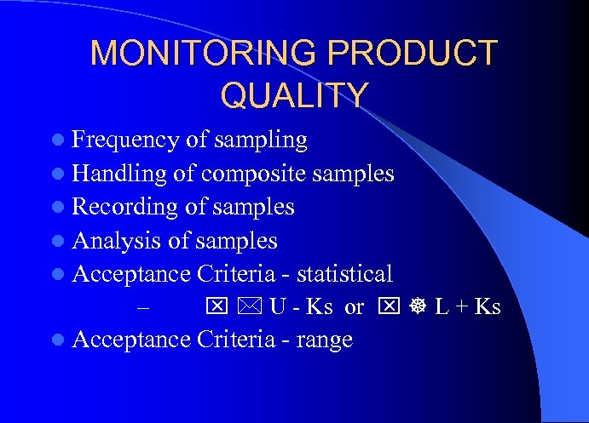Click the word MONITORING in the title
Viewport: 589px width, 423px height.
pos(205,54)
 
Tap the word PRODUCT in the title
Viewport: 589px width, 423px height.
pos(412,54)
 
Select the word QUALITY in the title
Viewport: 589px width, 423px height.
pos(294,94)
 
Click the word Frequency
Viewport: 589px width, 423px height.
pos(125,140)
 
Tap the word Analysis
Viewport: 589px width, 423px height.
pos(117,241)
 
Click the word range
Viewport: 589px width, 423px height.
pos(324,340)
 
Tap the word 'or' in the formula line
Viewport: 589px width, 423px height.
pos(354,307)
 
